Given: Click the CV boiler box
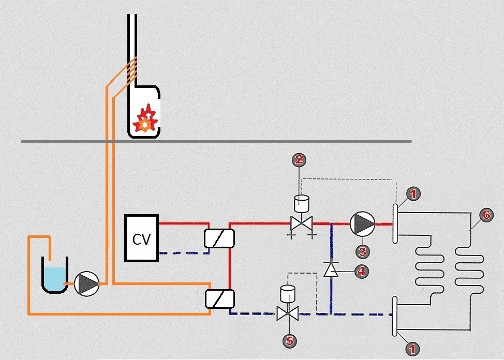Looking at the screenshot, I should [141, 238].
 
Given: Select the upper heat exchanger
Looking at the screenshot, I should [219, 238].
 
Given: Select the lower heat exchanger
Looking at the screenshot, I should [219, 298].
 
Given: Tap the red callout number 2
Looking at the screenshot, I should [298, 160].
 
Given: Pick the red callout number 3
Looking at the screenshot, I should [363, 251].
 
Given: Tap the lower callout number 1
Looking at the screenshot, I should [412, 349].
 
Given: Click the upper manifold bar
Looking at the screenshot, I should [395, 223].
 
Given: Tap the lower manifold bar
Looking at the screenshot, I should [395, 316].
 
